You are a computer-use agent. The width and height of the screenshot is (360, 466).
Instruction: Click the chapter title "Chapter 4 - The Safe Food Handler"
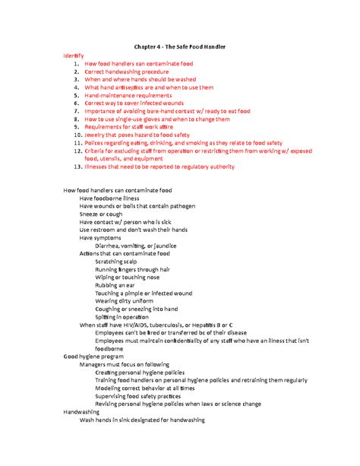[x=180, y=48]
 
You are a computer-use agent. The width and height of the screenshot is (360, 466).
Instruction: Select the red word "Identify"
[x=74, y=56]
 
